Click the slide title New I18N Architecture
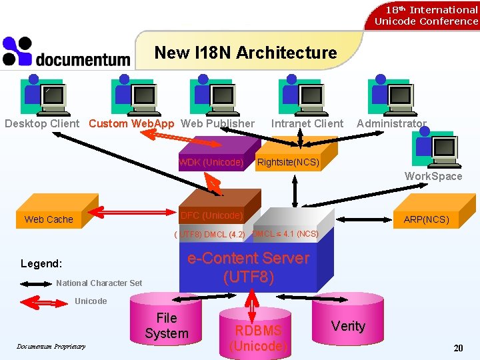[x=245, y=53]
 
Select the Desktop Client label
[x=42, y=123]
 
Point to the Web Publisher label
[x=217, y=123]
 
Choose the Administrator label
[x=391, y=123]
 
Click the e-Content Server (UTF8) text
[x=248, y=267]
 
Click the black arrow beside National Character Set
[x=33, y=283]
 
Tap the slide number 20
[x=458, y=348]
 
